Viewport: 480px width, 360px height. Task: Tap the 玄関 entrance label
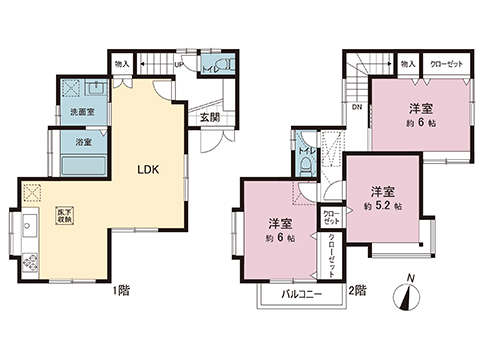[x=208, y=117]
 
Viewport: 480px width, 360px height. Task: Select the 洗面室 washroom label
[x=82, y=113]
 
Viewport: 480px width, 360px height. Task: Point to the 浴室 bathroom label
[x=83, y=143]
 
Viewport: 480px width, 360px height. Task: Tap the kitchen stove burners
[x=28, y=264]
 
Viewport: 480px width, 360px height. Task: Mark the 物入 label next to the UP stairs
[x=122, y=63]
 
